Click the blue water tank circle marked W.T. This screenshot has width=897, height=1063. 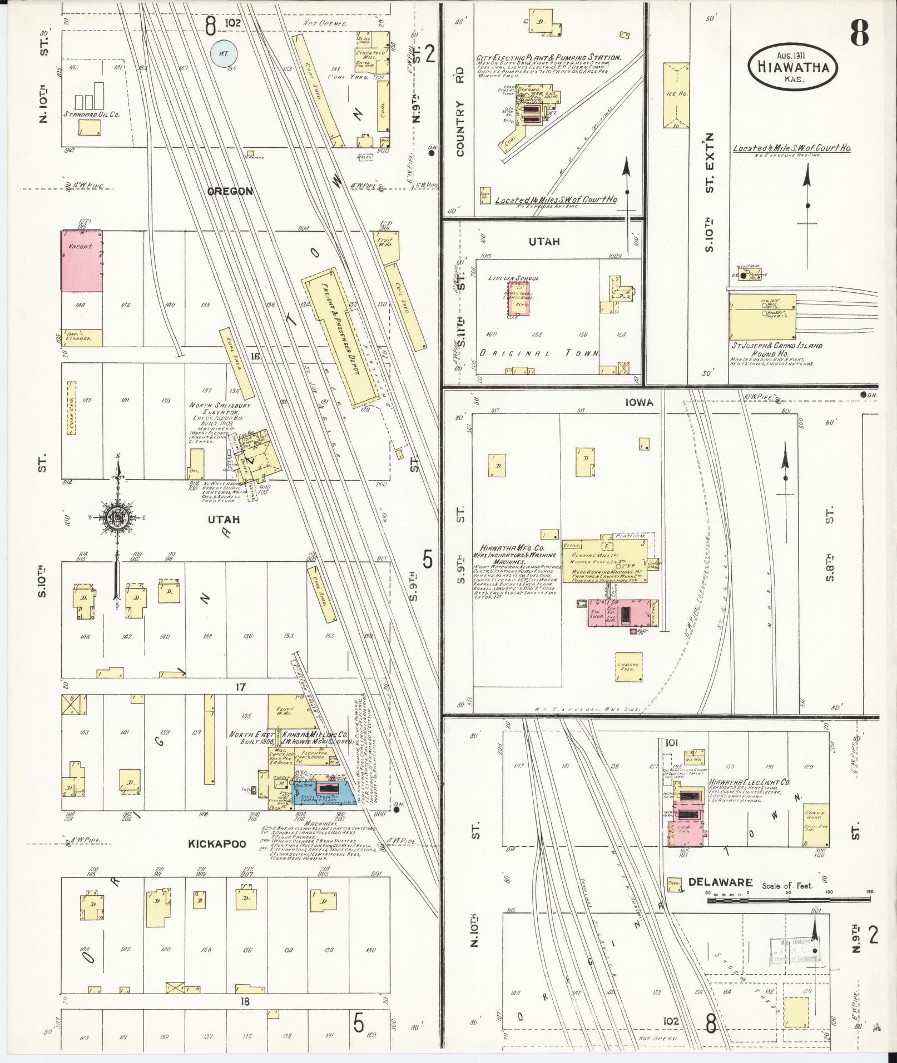[224, 53]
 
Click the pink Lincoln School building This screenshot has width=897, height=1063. [519, 298]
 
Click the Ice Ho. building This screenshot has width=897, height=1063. [676, 96]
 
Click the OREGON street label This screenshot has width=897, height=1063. [230, 191]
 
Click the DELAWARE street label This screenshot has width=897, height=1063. [720, 882]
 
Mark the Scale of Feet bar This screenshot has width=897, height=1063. [789, 898]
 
